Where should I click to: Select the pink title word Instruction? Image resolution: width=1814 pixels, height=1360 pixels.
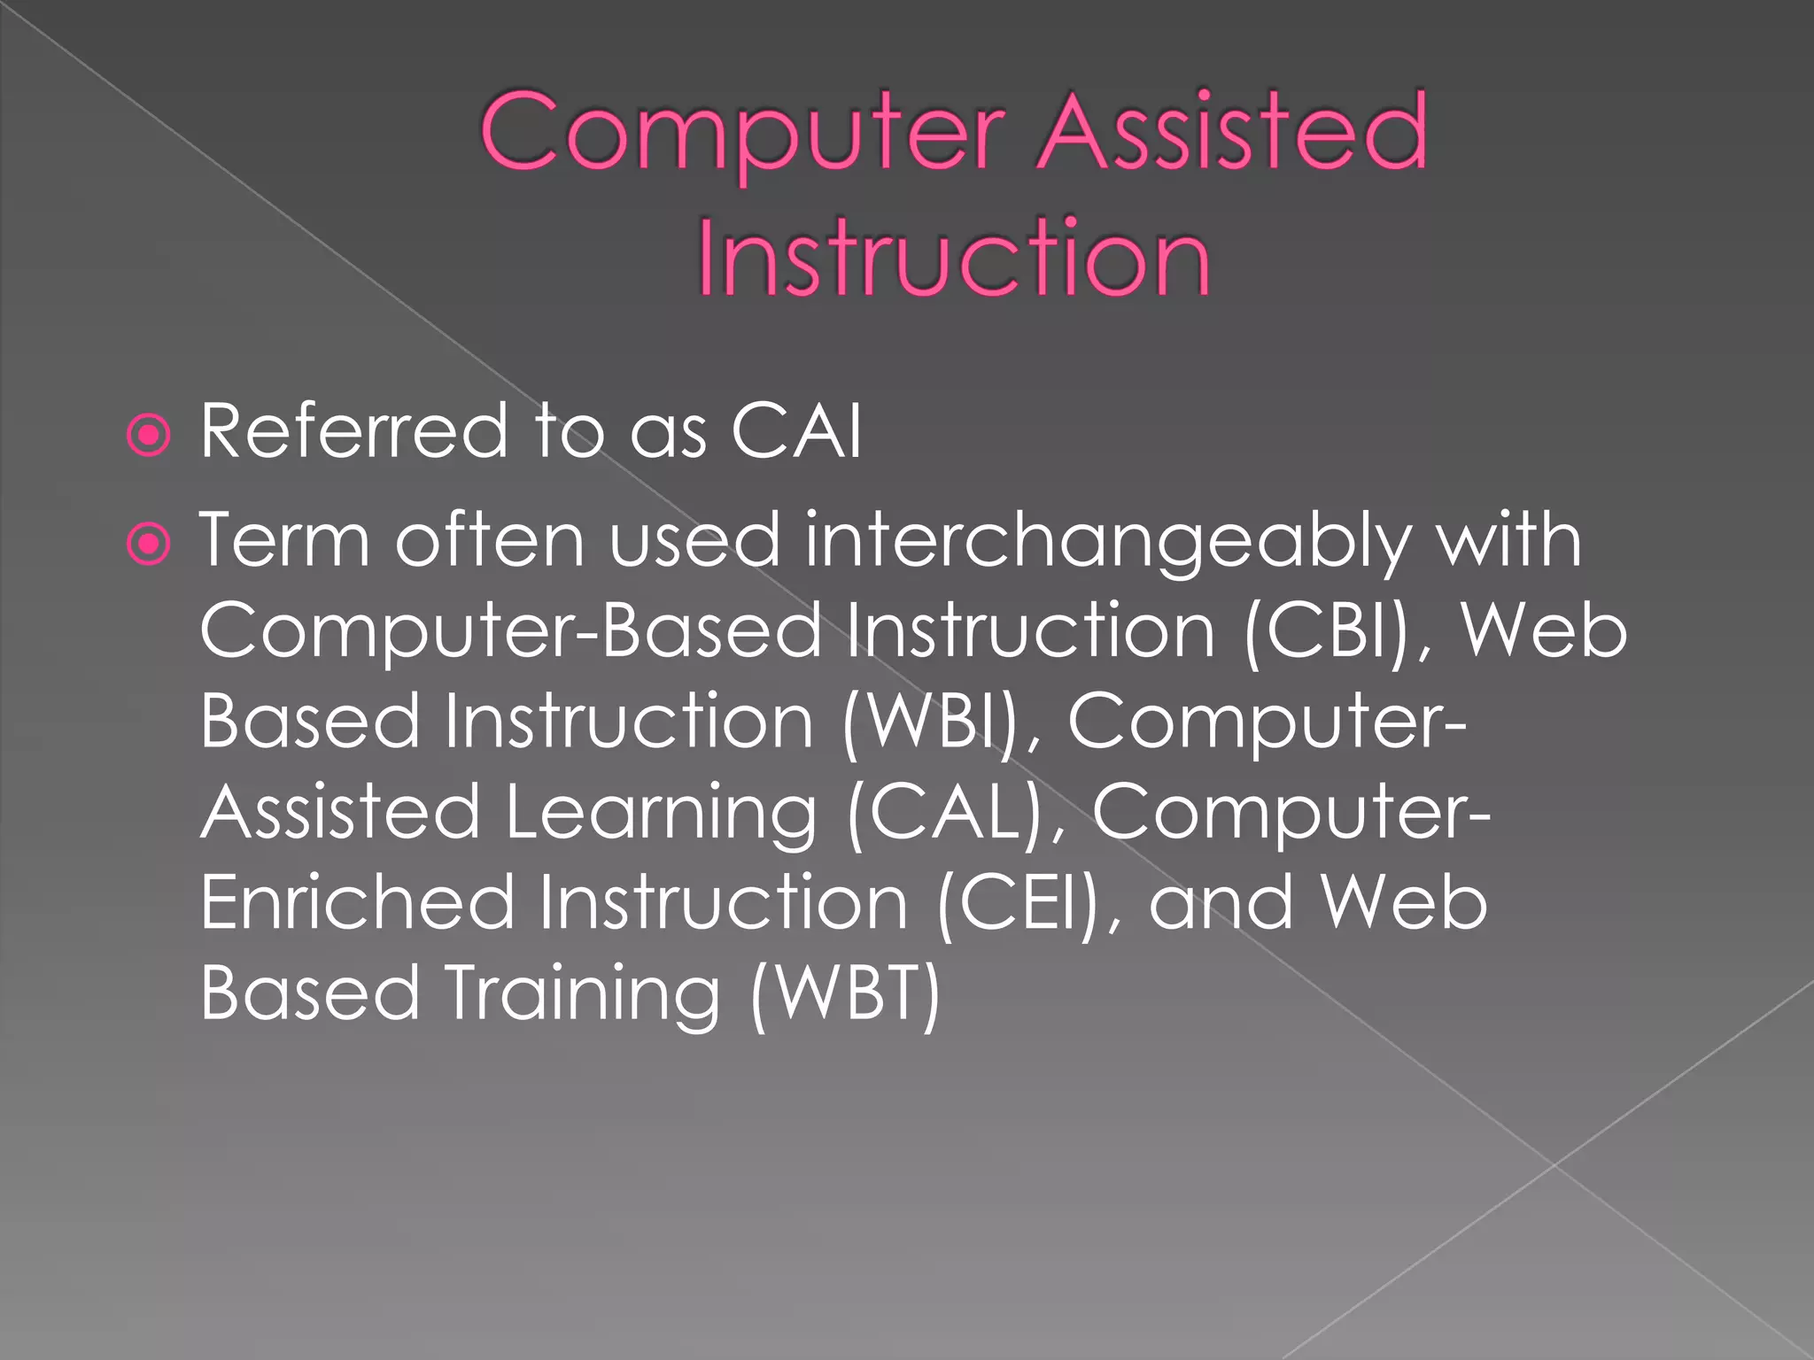pyautogui.click(x=953, y=259)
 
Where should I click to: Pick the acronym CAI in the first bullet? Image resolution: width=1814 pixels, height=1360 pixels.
pyautogui.click(x=795, y=432)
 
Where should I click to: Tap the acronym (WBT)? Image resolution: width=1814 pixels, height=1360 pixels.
pyautogui.click(x=844, y=993)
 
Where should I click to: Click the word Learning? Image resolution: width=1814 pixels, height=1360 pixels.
pyautogui.click(x=661, y=815)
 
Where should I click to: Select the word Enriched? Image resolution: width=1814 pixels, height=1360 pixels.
pyautogui.click(x=357, y=903)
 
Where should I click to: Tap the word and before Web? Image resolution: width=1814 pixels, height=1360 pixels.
pyautogui.click(x=1220, y=903)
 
